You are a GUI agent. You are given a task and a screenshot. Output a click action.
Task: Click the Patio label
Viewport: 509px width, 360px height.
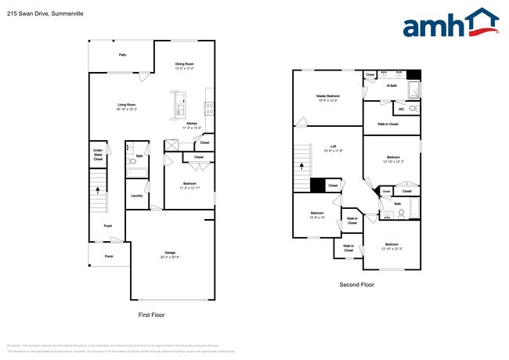tap(122, 55)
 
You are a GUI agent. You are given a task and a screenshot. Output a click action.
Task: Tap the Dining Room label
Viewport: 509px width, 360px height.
tap(184, 66)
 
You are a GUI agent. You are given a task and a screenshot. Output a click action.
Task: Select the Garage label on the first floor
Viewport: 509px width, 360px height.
tap(170, 255)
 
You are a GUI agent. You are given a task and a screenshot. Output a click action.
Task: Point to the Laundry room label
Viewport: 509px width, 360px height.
tap(136, 196)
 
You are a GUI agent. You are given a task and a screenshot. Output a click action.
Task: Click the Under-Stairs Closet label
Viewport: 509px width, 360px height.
tap(98, 154)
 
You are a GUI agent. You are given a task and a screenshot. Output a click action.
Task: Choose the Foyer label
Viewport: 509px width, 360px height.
tap(108, 226)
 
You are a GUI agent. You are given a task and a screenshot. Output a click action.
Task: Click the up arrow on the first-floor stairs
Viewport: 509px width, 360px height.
tap(98, 189)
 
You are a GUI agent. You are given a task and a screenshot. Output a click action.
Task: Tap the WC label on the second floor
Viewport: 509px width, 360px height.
tap(402, 109)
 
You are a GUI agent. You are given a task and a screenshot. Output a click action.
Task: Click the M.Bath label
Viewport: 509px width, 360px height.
tap(392, 85)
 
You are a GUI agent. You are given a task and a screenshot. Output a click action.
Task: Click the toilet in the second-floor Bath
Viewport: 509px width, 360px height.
tap(400, 212)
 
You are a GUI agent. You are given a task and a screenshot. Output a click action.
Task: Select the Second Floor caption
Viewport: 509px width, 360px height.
tap(356, 285)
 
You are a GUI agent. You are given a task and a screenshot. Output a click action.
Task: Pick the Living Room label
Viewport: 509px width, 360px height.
tap(127, 106)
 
